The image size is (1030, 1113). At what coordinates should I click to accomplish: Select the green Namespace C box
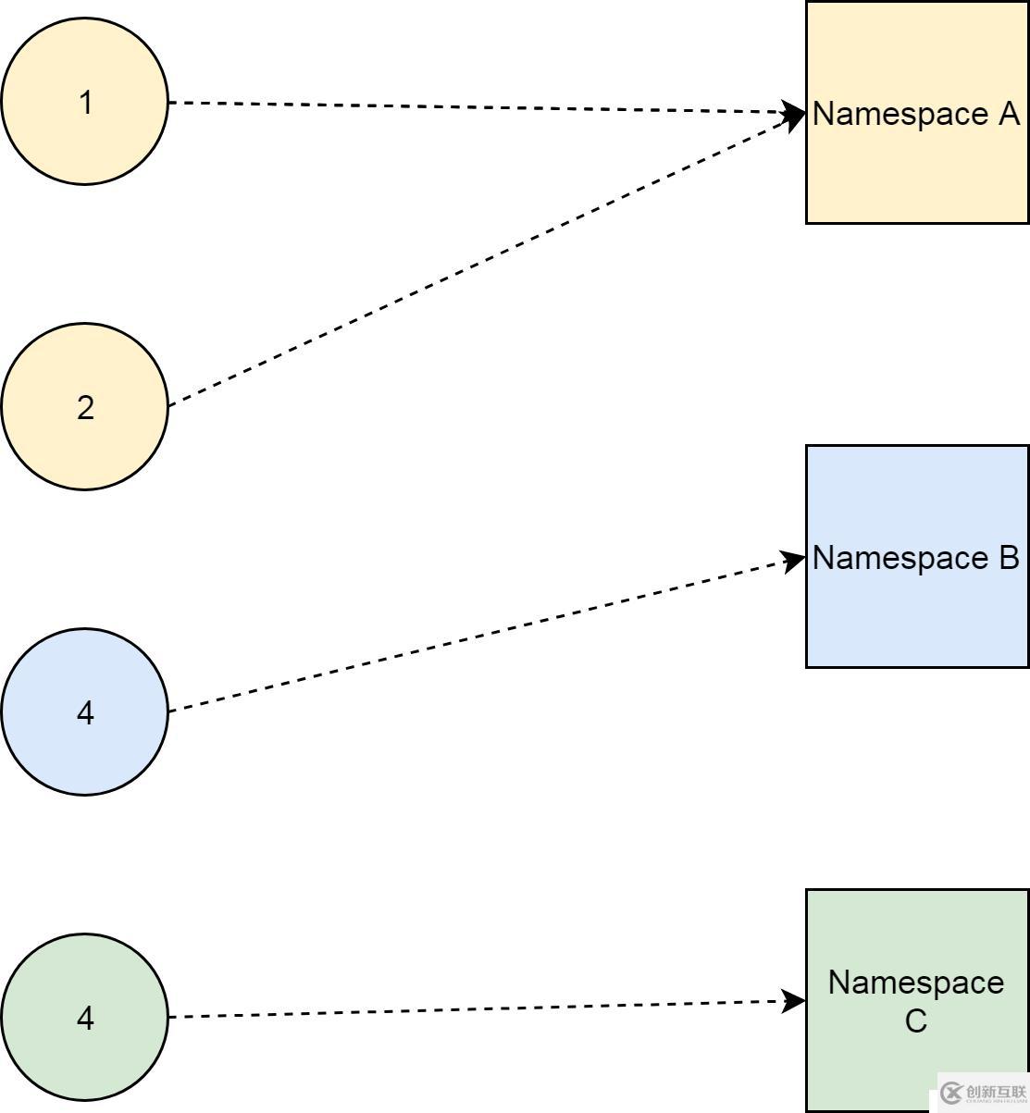916,1064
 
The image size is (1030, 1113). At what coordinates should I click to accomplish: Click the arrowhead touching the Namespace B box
794,560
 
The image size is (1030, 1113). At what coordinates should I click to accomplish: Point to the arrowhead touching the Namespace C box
794,1001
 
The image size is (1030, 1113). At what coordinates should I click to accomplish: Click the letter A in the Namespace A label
1008,114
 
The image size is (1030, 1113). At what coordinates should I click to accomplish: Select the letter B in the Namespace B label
1008,558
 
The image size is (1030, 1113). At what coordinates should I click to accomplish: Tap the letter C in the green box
915,1021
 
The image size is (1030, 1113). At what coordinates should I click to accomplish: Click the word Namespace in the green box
915,983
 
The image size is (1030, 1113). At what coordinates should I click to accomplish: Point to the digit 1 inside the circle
85,103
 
